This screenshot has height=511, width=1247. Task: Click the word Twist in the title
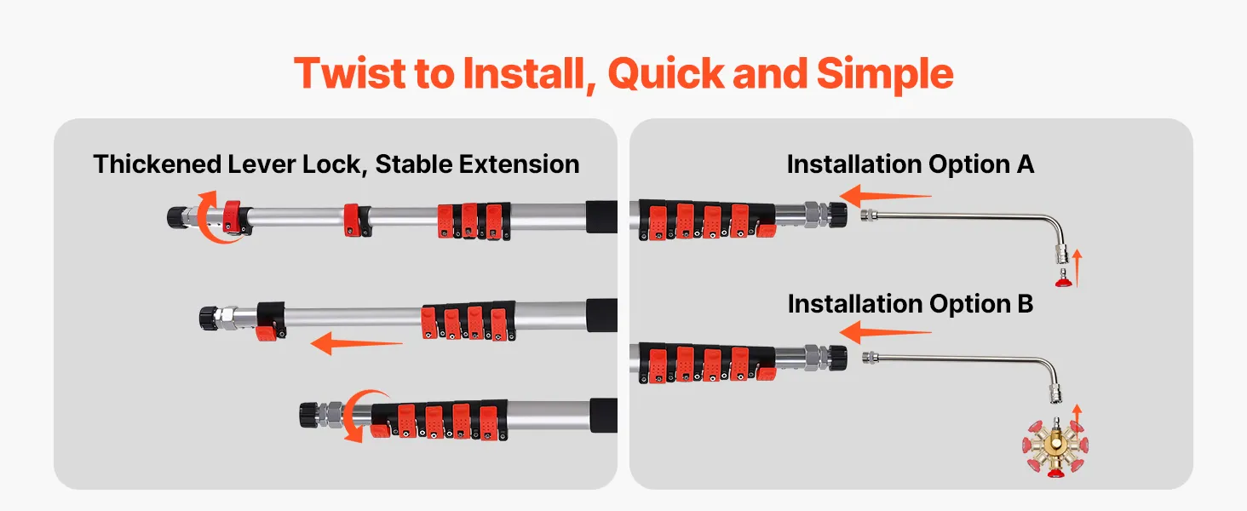click(350, 73)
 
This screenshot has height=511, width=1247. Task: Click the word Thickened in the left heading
click(157, 164)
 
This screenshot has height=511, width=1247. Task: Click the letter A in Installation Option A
click(1025, 164)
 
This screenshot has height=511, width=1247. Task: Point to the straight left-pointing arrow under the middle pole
click(356, 343)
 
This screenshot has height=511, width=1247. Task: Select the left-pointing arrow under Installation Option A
click(885, 196)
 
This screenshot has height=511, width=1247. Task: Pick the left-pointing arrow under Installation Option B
click(885, 333)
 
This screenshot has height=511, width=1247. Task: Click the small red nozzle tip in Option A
click(1064, 278)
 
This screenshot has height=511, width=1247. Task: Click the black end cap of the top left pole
click(177, 216)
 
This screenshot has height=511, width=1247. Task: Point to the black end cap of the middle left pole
click(210, 318)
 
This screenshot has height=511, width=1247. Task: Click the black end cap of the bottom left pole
click(309, 415)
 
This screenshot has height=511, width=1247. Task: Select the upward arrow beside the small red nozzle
click(1077, 268)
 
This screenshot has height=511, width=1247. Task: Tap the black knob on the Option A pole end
click(837, 215)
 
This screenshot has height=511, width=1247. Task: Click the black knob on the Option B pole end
click(837, 358)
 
